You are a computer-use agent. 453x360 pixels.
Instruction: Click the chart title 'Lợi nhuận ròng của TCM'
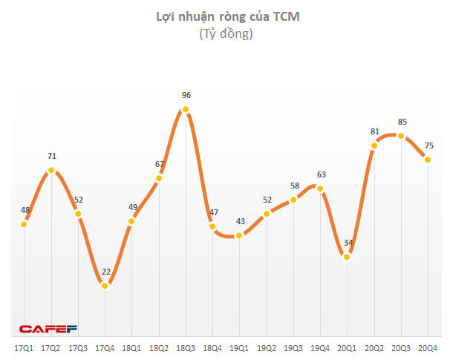(226, 16)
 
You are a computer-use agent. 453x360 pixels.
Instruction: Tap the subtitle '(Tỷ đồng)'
(226, 34)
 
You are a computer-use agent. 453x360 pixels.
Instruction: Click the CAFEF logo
(48, 329)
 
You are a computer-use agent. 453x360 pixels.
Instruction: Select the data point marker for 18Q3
(186, 110)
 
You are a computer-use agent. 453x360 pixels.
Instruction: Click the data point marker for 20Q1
(347, 256)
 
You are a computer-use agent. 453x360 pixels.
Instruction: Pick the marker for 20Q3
(401, 136)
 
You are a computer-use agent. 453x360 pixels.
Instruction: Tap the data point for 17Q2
(51, 170)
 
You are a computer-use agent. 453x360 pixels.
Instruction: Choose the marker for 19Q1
(239, 236)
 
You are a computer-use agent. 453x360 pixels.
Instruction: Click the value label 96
(186, 95)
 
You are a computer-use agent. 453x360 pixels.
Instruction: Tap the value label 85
(401, 122)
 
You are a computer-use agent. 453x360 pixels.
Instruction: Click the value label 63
(321, 174)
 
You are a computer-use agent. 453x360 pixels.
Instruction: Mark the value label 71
(51, 156)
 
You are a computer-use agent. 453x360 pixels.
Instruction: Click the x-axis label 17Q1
(24, 348)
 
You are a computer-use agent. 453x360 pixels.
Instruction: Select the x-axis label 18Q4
(212, 348)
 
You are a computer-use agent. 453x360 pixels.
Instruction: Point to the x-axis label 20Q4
(428, 348)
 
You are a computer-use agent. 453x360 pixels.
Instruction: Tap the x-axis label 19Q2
(266, 348)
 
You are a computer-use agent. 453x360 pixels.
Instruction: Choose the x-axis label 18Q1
(131, 348)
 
